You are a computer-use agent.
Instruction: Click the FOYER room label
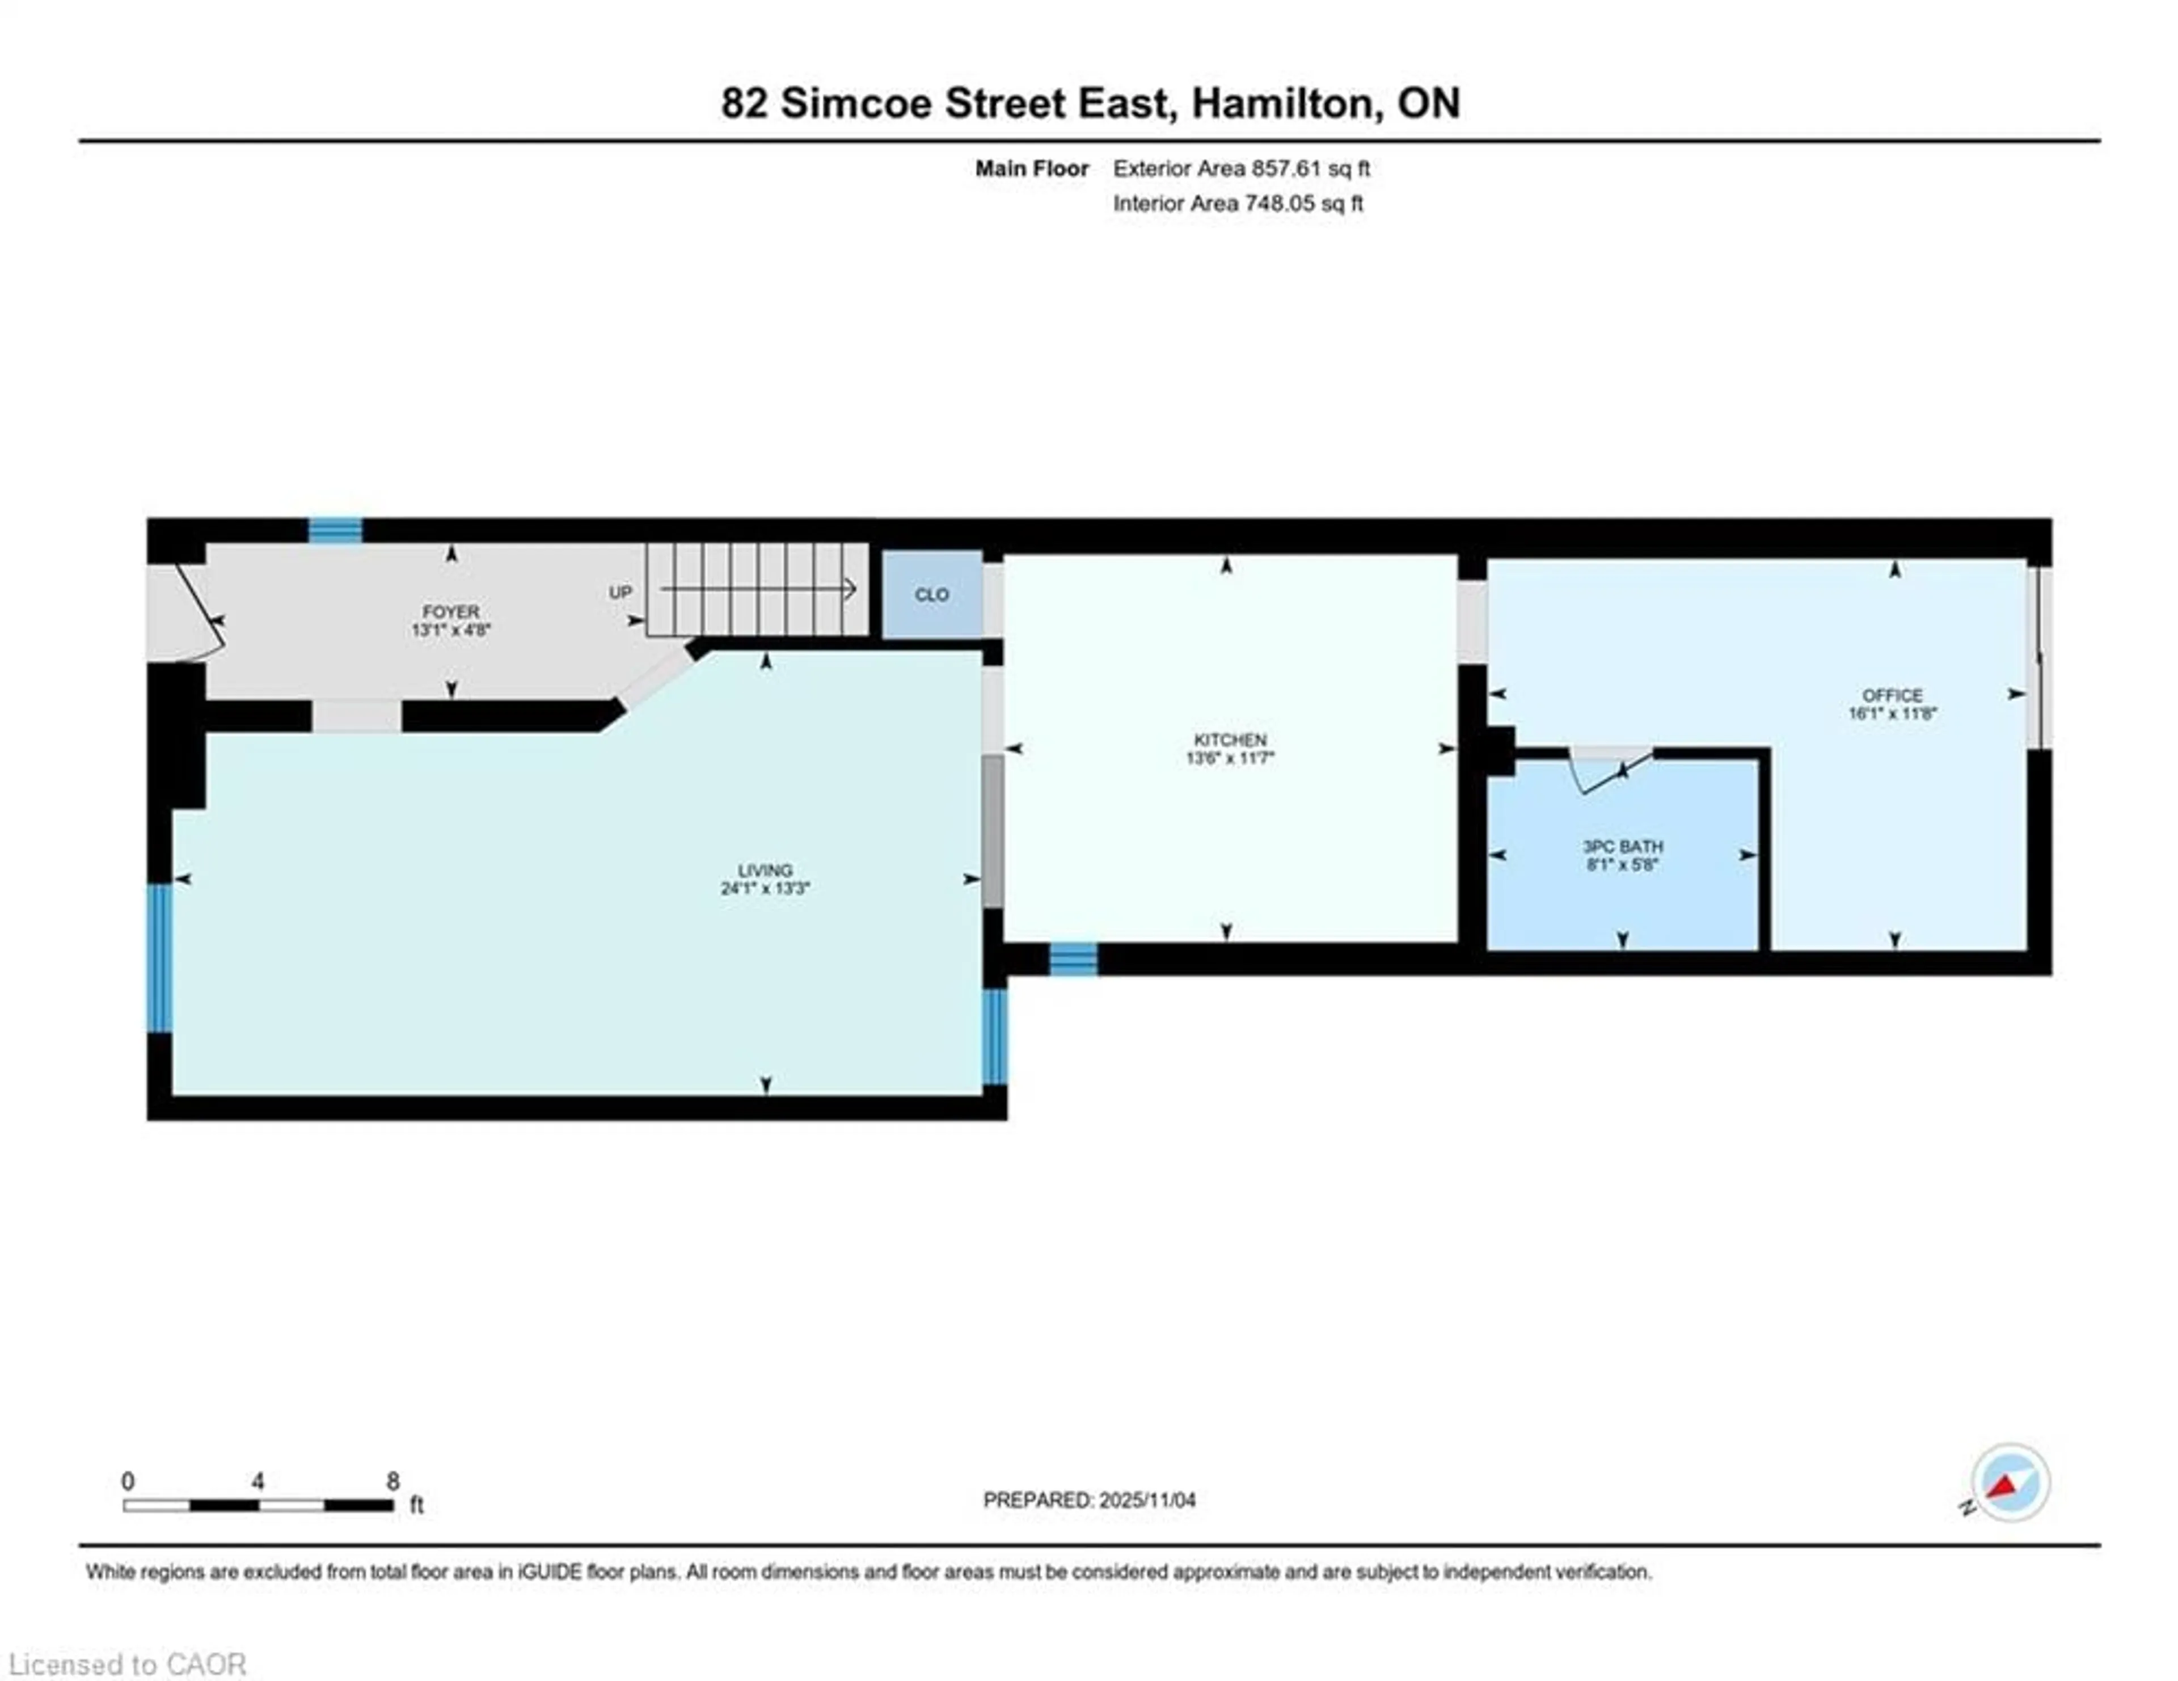451,611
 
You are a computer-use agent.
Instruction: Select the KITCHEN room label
1230,740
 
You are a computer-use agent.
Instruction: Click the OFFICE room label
1892,695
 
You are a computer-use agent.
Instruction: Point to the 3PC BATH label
1623,847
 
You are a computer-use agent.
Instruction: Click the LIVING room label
765,871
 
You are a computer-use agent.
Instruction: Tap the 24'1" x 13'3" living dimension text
765,888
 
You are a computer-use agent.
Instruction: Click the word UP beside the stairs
621,592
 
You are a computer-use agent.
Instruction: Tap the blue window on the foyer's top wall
335,530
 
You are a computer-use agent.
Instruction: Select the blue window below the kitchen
1073,959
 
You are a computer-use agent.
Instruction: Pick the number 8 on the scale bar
393,1481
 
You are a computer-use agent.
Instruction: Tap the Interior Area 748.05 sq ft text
1238,204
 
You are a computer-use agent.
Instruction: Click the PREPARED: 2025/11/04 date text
1089,1500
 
